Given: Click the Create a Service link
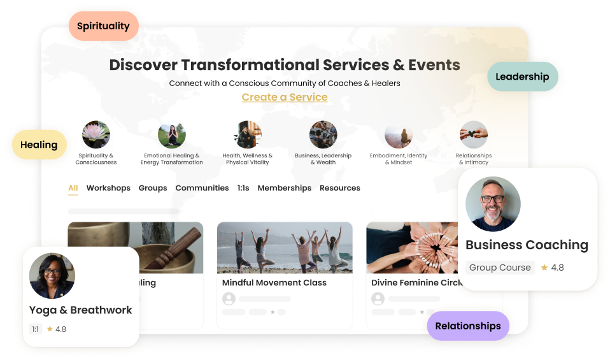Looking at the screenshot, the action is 285,97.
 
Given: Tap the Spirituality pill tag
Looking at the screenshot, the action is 104,26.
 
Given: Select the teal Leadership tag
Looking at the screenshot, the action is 523,76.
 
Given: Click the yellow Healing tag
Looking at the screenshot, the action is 39,145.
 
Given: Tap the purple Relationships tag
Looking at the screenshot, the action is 468,326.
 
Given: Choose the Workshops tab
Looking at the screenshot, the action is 108,188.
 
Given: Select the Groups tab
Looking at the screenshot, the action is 153,188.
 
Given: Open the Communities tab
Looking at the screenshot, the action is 202,188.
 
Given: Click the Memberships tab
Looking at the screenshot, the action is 285,188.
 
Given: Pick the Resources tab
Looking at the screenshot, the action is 339,188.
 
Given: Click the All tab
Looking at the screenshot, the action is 73,188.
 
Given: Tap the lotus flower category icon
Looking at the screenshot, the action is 96,134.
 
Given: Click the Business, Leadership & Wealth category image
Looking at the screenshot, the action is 323,134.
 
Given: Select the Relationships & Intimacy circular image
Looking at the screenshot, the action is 474,134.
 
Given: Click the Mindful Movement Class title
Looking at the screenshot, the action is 274,282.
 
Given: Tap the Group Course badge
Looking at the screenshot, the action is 500,268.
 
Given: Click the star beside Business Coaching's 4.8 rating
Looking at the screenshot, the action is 544,268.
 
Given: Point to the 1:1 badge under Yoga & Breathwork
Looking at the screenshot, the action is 36,329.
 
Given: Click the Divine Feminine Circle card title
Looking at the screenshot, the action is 416,282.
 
